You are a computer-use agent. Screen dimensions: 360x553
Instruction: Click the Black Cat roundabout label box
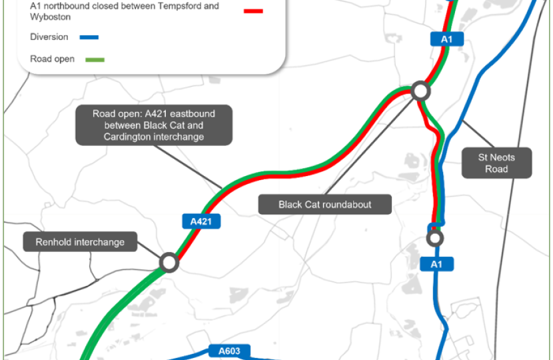pos(325,204)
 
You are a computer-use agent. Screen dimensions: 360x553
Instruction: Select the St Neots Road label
pos(496,163)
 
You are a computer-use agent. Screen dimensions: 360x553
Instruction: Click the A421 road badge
pos(201,221)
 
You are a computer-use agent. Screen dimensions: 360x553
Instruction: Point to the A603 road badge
pos(229,351)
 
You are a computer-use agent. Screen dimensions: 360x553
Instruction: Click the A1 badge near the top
pos(447,39)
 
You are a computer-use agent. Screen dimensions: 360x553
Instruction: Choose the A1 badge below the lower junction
pos(436,264)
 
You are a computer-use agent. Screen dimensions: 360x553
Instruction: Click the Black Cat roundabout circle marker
pos(420,91)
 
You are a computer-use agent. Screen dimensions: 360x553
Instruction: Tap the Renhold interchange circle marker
pos(169,262)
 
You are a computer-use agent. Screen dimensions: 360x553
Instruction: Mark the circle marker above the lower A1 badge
pos(434,237)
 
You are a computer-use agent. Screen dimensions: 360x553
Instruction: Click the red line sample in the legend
pos(253,11)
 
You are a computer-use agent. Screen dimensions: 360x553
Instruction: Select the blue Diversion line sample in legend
pos(89,37)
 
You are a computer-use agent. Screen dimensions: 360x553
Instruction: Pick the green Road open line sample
pos(95,59)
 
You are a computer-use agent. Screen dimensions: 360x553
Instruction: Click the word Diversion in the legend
pos(49,37)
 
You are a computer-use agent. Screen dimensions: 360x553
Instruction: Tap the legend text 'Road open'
pos(53,59)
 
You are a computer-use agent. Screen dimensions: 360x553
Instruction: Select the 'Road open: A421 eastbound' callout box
pos(154,125)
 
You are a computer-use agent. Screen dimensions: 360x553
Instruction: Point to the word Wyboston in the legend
pos(50,17)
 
